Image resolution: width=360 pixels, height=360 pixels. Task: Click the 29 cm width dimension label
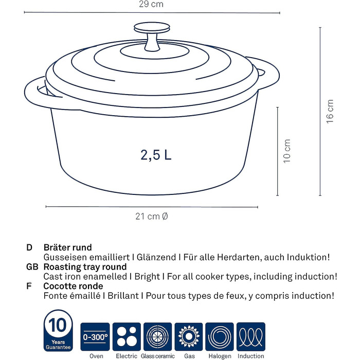(151, 4)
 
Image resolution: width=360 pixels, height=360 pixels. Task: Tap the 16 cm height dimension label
(330, 112)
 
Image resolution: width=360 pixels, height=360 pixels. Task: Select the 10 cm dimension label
(287, 151)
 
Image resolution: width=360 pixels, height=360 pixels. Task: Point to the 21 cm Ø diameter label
(152, 217)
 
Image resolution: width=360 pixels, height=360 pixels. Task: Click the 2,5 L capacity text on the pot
(156, 155)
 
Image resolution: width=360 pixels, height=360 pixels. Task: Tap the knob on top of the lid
(152, 37)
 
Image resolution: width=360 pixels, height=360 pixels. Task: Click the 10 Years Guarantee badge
(58, 331)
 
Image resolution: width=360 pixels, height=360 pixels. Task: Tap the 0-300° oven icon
(95, 336)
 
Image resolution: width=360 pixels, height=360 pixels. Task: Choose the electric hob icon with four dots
(127, 336)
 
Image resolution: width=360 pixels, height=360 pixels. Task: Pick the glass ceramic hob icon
(157, 336)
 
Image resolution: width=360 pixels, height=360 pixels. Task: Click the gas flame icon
(189, 336)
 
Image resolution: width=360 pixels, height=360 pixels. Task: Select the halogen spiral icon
(220, 336)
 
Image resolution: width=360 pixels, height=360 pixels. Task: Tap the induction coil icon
(251, 336)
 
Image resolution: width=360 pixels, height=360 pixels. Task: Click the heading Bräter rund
(67, 247)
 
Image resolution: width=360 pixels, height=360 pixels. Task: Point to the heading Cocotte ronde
(73, 286)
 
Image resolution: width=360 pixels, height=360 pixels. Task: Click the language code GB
(32, 267)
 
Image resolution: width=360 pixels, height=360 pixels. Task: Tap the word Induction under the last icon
(251, 356)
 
